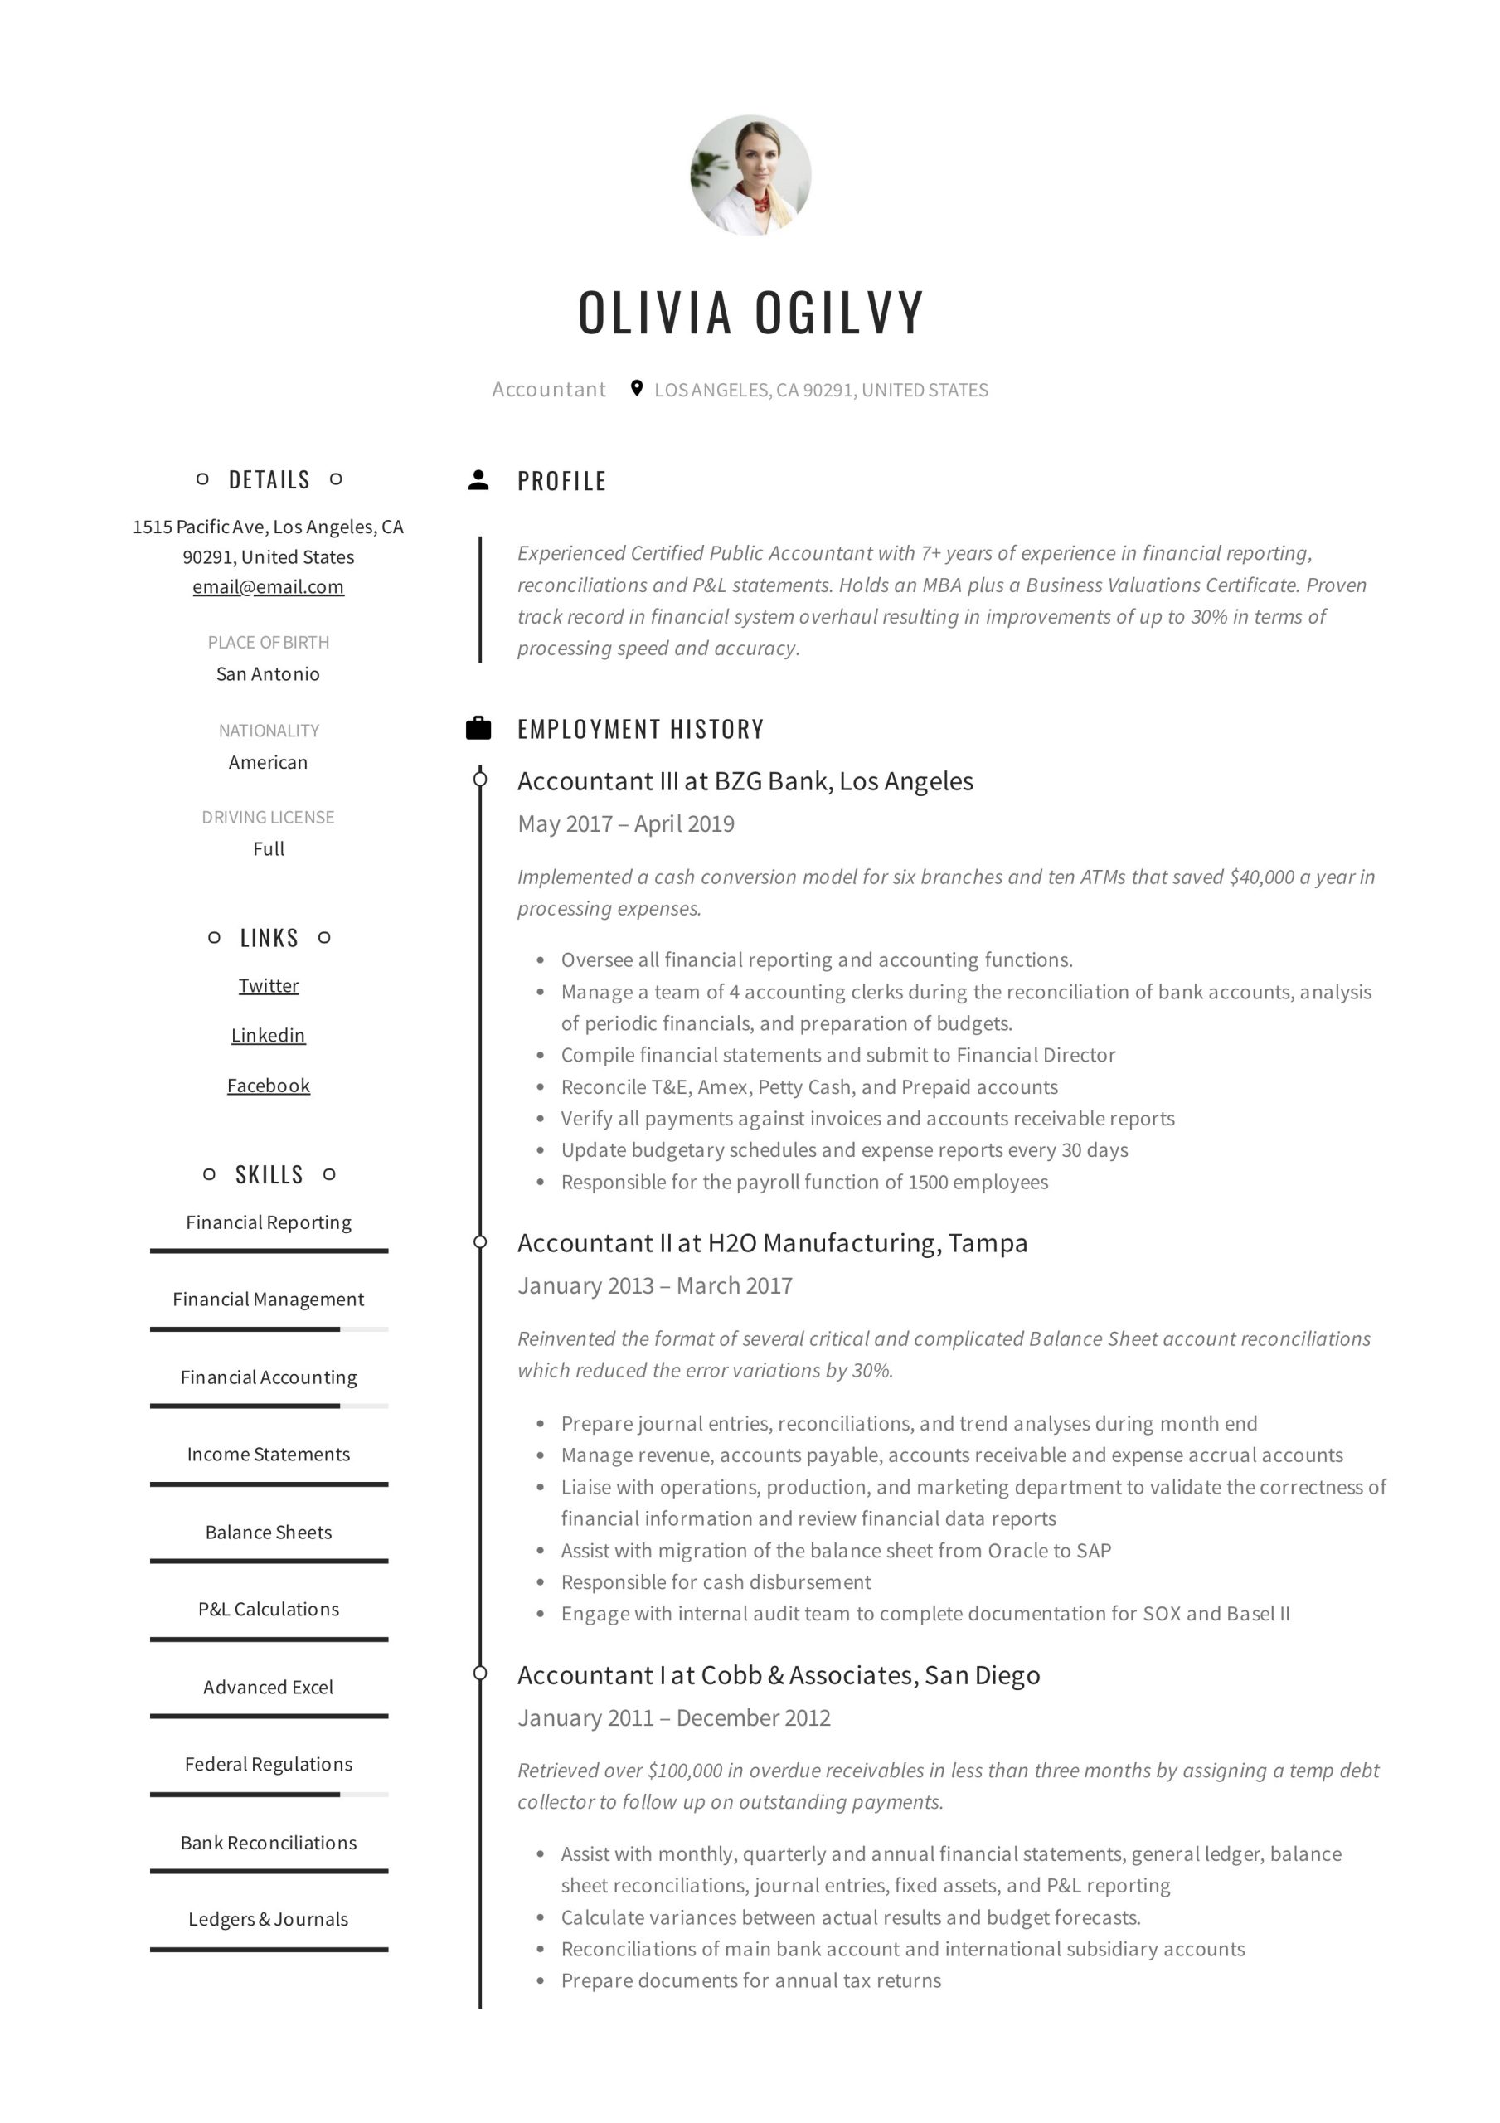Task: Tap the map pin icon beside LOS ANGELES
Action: click(636, 388)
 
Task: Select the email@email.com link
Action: click(268, 587)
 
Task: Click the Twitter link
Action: click(268, 986)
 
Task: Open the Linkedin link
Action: click(268, 1036)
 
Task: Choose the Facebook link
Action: click(268, 1086)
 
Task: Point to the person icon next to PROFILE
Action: click(478, 480)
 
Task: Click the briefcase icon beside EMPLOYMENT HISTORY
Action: click(478, 729)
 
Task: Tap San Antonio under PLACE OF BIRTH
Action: click(268, 674)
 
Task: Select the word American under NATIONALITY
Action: click(268, 763)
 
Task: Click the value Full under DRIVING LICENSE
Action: click(268, 849)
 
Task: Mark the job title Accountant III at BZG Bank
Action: click(745, 781)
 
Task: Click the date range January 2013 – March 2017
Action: click(655, 1285)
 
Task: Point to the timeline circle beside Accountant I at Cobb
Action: click(480, 1673)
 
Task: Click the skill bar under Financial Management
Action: click(268, 1329)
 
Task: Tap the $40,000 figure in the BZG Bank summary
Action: click(1261, 877)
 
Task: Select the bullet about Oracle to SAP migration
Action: click(835, 1551)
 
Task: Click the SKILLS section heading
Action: click(268, 1174)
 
